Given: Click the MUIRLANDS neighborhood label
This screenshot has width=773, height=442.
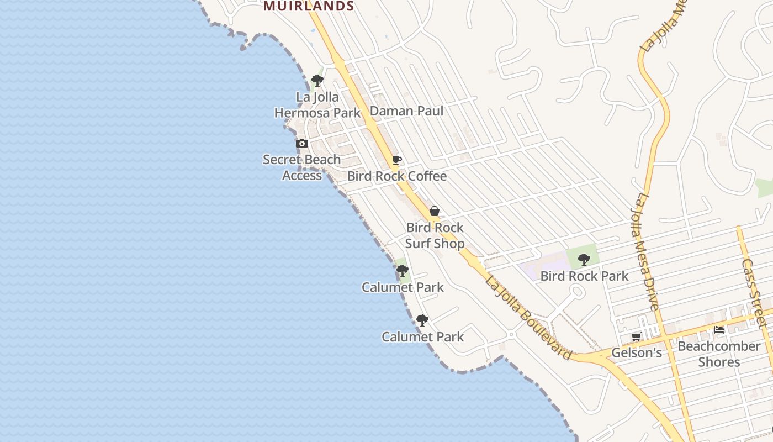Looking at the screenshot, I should [308, 6].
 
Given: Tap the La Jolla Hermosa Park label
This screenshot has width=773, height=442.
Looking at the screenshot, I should [317, 105].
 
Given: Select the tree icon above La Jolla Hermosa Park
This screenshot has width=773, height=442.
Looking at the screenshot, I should [317, 81].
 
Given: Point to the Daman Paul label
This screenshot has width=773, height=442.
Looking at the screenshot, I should [406, 111].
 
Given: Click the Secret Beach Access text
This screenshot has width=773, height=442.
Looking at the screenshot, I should [301, 167].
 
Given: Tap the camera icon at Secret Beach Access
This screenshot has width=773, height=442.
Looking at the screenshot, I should [302, 144].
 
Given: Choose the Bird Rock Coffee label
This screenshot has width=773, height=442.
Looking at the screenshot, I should [396, 177].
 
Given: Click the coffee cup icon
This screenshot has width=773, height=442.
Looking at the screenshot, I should [396, 161].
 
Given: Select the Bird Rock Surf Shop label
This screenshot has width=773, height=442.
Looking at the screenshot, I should [435, 235].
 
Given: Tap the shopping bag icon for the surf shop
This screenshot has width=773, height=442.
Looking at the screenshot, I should [435, 211].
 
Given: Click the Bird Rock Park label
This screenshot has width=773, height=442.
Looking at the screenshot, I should [584, 276].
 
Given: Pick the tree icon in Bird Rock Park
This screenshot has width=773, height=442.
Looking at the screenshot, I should [584, 259].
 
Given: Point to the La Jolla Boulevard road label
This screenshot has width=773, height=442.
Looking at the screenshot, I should [528, 318].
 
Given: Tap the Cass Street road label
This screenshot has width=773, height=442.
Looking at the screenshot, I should [755, 292].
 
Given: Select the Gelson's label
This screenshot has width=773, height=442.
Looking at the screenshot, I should [636, 353].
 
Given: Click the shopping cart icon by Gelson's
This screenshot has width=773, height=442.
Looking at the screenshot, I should [636, 336].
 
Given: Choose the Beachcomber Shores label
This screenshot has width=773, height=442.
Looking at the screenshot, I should [719, 354].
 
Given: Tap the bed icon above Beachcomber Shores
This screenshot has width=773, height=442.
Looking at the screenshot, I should [719, 330].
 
